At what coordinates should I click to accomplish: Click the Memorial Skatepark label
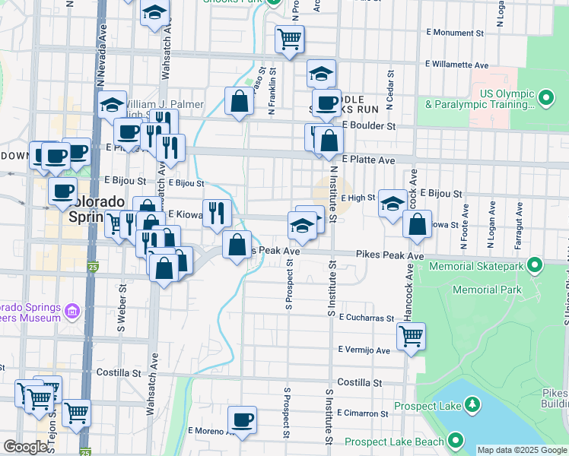tap(476, 267)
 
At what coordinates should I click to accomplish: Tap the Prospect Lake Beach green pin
tap(456, 440)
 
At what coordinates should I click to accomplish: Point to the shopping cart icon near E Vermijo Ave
tap(411, 336)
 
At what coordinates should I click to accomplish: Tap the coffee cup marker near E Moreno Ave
tap(243, 420)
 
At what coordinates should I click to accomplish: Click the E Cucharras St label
tap(366, 318)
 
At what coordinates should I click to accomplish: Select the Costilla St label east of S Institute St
tap(358, 382)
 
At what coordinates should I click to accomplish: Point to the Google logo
tap(25, 447)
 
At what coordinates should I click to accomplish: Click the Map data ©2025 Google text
tap(522, 450)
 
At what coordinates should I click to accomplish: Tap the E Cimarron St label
tap(364, 413)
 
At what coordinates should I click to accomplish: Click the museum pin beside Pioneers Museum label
tap(73, 311)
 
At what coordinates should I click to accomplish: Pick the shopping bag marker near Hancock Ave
tap(418, 225)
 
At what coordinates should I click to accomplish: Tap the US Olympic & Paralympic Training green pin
tap(545, 98)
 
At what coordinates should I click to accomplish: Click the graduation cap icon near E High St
tap(393, 203)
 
